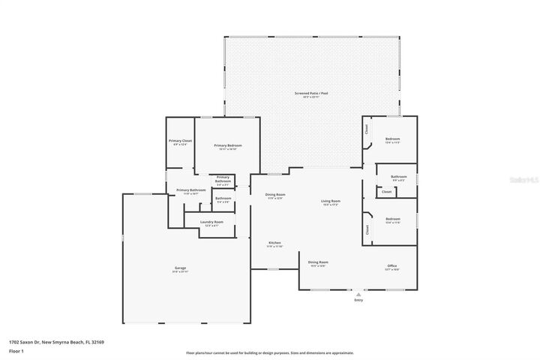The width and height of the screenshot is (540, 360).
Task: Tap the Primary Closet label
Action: [180, 141]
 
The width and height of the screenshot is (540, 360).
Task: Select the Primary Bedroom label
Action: [227, 145]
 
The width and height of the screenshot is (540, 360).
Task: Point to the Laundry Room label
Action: [211, 222]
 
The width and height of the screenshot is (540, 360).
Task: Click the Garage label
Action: [181, 268]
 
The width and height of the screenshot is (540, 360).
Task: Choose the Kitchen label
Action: [274, 243]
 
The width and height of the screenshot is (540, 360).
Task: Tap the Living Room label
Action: [331, 200]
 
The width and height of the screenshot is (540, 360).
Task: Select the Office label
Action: [391, 265]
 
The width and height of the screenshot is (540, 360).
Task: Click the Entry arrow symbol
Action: [358, 295]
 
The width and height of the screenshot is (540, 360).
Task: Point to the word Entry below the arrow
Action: [358, 301]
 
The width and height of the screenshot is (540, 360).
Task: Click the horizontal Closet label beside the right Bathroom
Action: [386, 192]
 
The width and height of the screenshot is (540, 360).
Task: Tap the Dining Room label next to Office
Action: [318, 262]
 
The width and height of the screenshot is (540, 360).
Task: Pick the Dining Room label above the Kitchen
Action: [274, 195]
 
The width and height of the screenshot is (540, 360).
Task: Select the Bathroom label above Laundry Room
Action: [223, 198]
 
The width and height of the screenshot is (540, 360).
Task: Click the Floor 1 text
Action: [16, 351]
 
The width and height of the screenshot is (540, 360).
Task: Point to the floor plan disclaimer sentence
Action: [269, 352]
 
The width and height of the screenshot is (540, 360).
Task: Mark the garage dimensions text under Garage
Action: [181, 271]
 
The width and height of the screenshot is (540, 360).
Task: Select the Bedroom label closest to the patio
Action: [392, 139]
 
